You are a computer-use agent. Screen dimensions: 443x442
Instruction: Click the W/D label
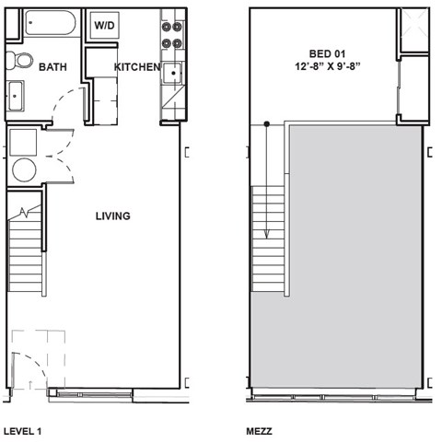pyautogui.click(x=103, y=25)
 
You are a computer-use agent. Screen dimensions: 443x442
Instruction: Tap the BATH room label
pyautogui.click(x=52, y=66)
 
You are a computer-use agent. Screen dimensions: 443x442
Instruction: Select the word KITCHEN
pyautogui.click(x=136, y=67)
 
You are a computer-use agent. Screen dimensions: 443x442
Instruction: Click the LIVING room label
pyautogui.click(x=113, y=216)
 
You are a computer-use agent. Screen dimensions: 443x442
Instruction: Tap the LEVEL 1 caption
pyautogui.click(x=23, y=430)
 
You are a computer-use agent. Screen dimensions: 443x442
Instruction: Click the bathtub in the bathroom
pyautogui.click(x=51, y=23)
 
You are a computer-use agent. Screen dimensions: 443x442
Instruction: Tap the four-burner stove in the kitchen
pyautogui.click(x=171, y=32)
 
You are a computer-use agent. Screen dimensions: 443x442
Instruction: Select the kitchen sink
pyautogui.click(x=171, y=76)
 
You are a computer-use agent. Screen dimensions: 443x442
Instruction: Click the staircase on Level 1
pyautogui.click(x=25, y=253)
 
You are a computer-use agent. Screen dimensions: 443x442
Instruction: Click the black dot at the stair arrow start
pyautogui.click(x=267, y=123)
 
